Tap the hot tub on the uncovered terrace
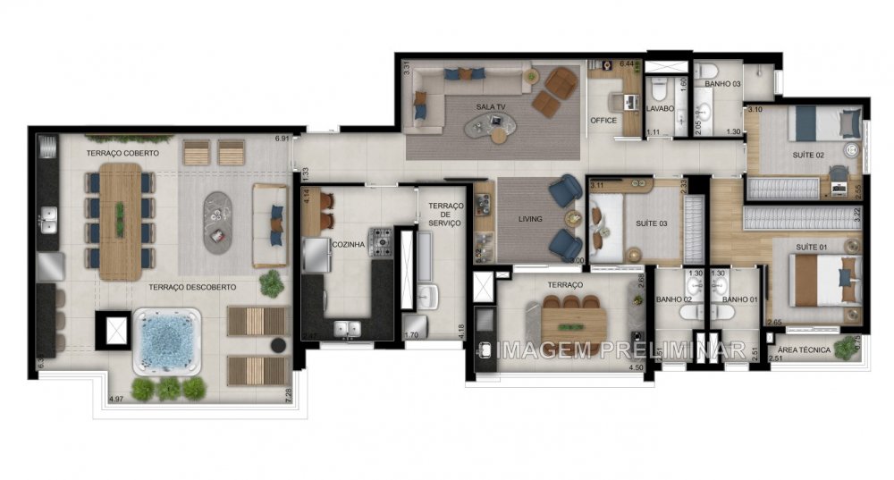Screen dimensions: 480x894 (x=167, y=341)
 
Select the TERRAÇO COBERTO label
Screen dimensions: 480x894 (x=122, y=154)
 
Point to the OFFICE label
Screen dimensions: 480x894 (x=603, y=121)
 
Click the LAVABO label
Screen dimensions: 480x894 (x=662, y=110)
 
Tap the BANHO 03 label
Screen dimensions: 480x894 (x=722, y=83)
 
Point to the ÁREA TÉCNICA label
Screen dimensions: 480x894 (x=804, y=350)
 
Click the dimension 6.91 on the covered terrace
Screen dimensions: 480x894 (x=283, y=139)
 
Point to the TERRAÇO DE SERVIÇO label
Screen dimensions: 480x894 (x=443, y=214)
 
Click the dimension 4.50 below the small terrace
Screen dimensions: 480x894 (x=636, y=366)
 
